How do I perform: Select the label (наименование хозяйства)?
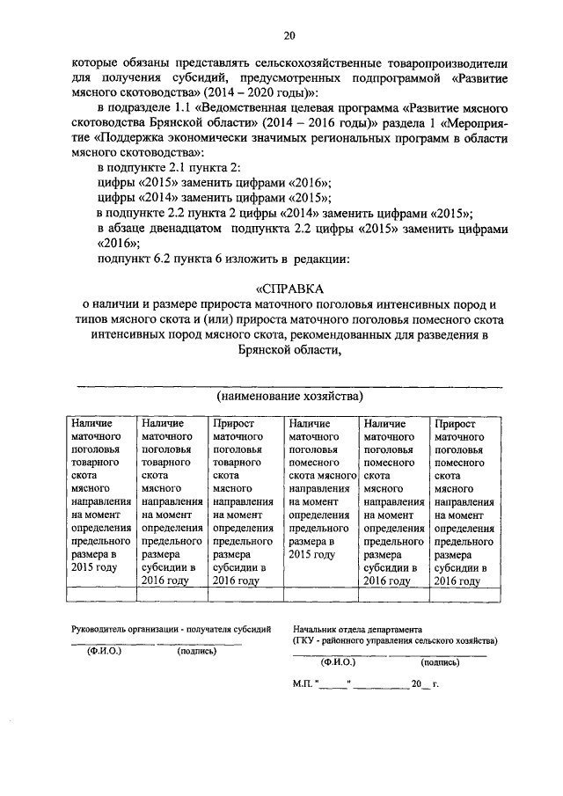(289, 397)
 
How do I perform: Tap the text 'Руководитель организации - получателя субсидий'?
(172, 630)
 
